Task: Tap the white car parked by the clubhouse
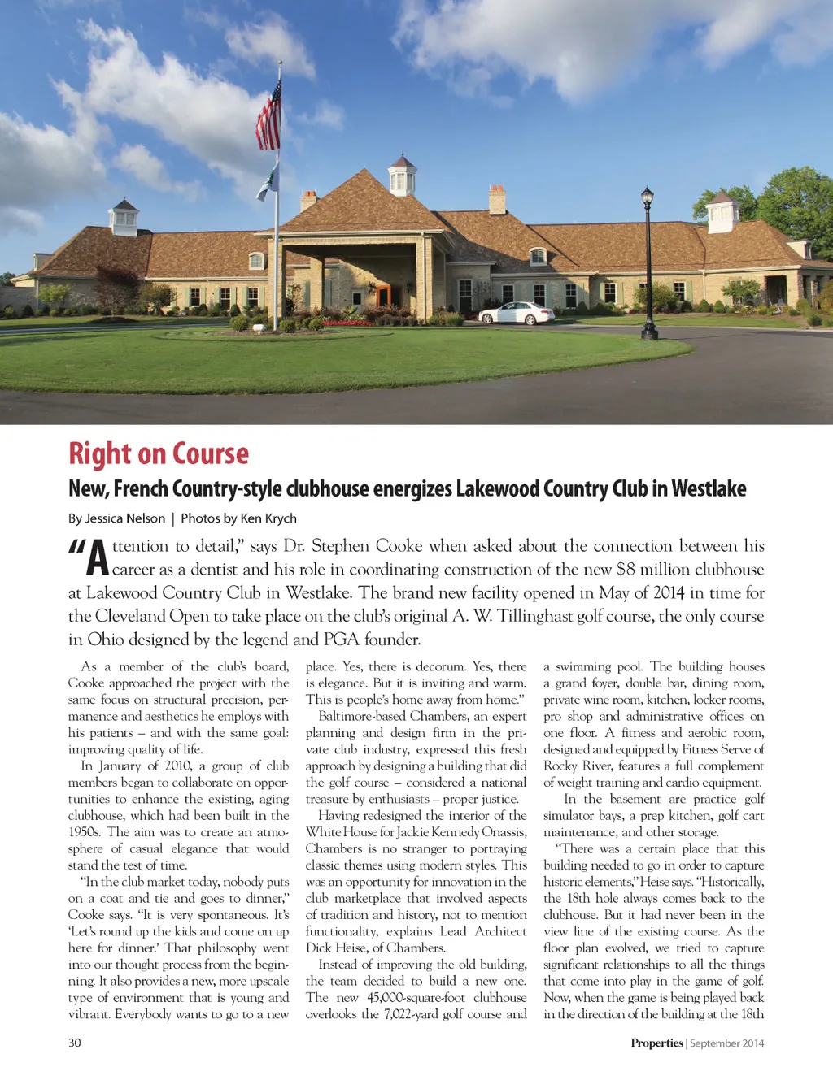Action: pos(516,314)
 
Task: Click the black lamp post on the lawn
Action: pos(648,264)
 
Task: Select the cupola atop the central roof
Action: pos(402,174)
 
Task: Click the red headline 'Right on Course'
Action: pos(159,453)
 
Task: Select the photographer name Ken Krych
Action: pos(268,518)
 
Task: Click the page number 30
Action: pos(75,1043)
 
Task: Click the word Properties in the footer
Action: pos(656,1043)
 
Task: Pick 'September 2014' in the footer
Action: pos(727,1043)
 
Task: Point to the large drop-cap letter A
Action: pos(98,557)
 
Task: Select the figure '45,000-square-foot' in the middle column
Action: pos(416,998)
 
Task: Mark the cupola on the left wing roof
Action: pos(124,216)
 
